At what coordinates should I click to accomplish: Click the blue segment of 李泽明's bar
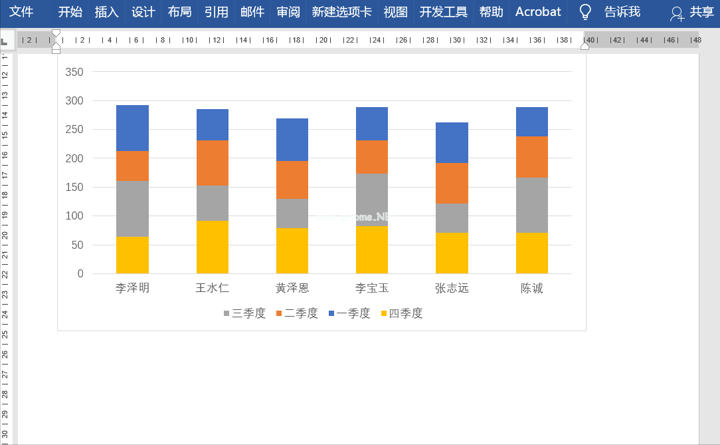[132, 128]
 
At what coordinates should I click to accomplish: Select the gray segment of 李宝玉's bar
[372, 200]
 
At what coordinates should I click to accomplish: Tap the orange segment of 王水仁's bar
[213, 163]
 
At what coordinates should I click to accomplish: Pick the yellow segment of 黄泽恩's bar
[292, 251]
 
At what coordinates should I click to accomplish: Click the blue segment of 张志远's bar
[452, 142]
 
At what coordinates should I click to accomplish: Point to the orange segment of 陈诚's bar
[532, 157]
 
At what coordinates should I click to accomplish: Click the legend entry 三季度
[244, 313]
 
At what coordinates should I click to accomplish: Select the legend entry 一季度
[349, 313]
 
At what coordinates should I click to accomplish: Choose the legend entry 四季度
[402, 313]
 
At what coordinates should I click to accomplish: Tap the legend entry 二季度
[297, 313]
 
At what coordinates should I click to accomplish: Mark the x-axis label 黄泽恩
[292, 289]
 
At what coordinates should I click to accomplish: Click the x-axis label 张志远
[452, 289]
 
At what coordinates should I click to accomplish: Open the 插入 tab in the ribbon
[107, 12]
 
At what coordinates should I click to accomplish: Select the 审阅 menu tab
[288, 12]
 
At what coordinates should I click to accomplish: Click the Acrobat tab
[538, 12]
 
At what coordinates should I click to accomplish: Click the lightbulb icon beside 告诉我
[585, 12]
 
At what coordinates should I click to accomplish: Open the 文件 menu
[21, 12]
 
